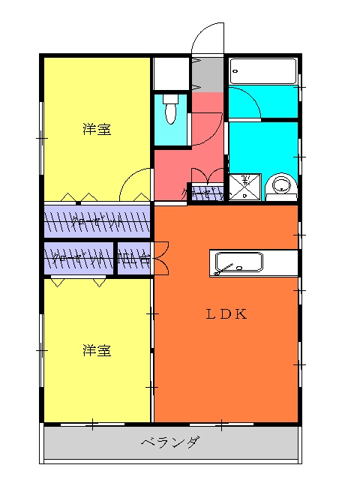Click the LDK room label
coord(226,314)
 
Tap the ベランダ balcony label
coord(170,442)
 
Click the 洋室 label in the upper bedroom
coord(97,130)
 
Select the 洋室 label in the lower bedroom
coord(97,350)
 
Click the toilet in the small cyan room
coord(170,111)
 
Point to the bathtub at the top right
coord(262,72)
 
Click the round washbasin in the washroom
coord(282,186)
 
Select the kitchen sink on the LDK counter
coord(238,263)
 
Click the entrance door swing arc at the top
coord(206,37)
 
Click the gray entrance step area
coord(208,74)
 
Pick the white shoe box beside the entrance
coord(171,73)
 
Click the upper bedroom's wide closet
coord(97,221)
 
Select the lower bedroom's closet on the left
coord(79,259)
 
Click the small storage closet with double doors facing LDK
coord(135,259)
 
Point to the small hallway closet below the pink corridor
coord(205,193)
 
